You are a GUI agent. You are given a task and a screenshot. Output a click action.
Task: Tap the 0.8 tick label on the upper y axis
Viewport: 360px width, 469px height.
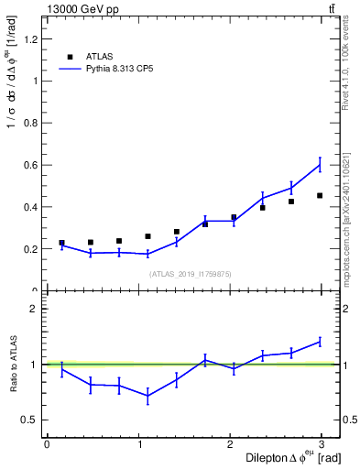point(30,123)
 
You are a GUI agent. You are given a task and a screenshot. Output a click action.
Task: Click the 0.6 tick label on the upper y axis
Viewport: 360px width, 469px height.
point(30,165)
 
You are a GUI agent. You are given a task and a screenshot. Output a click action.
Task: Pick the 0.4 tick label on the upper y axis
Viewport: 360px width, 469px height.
point(30,207)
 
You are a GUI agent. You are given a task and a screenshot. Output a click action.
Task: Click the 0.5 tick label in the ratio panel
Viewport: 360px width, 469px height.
point(30,420)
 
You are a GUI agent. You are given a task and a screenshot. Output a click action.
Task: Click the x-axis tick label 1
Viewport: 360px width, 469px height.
point(140,444)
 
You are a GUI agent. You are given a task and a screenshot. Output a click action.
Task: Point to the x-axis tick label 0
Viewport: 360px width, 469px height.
point(47,444)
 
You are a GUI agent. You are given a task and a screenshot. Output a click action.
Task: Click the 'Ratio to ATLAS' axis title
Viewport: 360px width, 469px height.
point(13,364)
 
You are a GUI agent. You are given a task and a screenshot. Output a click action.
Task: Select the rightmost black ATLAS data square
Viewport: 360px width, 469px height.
point(320,195)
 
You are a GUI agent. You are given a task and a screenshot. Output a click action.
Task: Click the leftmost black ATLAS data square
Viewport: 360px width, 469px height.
point(61,243)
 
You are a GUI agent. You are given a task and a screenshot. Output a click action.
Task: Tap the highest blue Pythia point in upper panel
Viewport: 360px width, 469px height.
point(320,165)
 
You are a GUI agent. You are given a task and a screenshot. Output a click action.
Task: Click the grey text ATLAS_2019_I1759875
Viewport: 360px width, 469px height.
point(191,273)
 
